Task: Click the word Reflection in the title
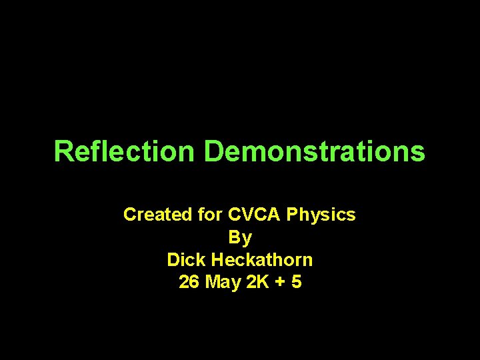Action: pyautogui.click(x=124, y=151)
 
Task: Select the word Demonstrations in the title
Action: pyautogui.click(x=314, y=151)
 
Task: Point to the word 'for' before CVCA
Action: pyautogui.click(x=211, y=215)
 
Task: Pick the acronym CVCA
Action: pyautogui.click(x=255, y=215)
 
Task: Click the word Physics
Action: pyautogui.click(x=321, y=215)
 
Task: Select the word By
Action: pyautogui.click(x=240, y=237)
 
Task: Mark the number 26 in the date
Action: pyautogui.click(x=189, y=282)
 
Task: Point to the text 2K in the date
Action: pyautogui.click(x=257, y=282)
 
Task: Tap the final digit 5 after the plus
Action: pyautogui.click(x=296, y=282)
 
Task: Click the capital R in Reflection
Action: pyautogui.click(x=62, y=151)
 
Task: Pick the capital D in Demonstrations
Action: pyautogui.click(x=213, y=151)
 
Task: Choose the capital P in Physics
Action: pyautogui.click(x=292, y=215)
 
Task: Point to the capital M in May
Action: pyautogui.click(x=214, y=282)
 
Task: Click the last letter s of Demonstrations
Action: pyautogui.click(x=418, y=153)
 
